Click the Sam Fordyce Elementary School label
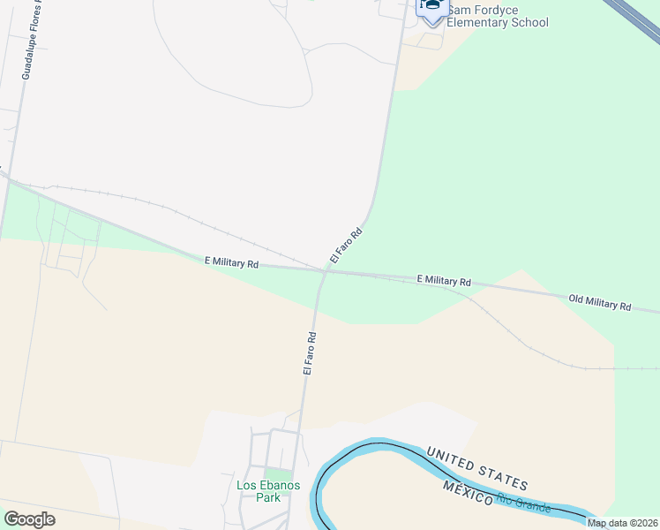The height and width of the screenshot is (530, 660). [x=497, y=16]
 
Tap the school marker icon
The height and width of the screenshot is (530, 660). [x=431, y=9]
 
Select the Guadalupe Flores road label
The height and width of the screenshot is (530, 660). [x=32, y=40]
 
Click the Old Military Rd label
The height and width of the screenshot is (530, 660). [x=599, y=303]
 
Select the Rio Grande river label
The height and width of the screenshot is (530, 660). [x=524, y=503]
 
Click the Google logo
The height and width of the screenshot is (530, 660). [x=29, y=519]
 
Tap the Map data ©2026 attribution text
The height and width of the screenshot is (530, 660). [x=622, y=523]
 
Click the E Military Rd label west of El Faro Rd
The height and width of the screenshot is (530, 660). [x=231, y=262]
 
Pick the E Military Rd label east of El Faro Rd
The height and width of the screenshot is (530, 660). [x=444, y=280]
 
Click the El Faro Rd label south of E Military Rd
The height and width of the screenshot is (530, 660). [x=309, y=353]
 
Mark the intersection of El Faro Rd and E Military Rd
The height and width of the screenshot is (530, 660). [x=325, y=271]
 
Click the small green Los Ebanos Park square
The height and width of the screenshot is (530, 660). [x=278, y=475]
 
